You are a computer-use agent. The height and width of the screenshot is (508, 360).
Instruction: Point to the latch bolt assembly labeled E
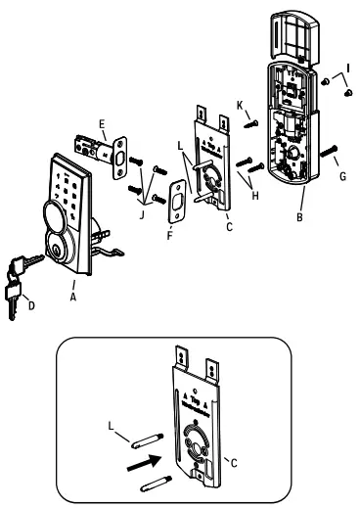click(102, 149)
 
